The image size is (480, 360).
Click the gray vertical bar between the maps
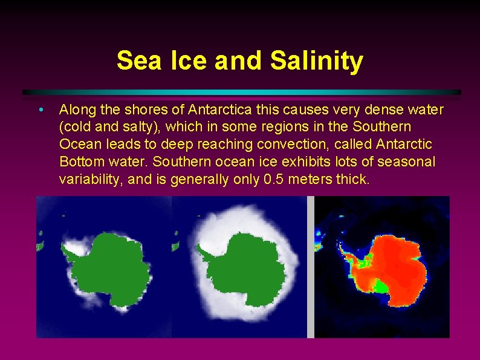click(311, 266)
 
